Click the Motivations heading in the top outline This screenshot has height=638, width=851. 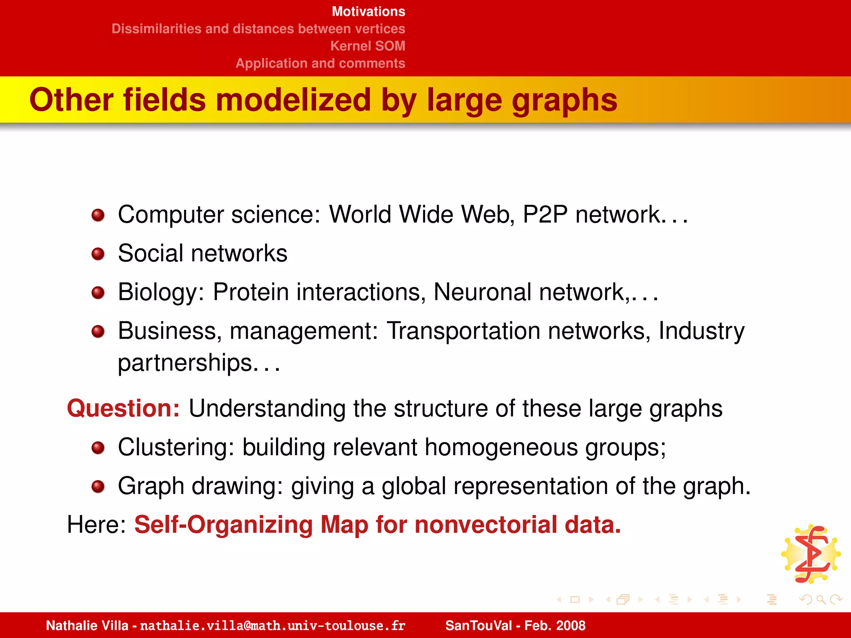click(368, 12)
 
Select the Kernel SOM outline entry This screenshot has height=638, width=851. click(367, 46)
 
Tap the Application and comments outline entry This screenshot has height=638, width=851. click(320, 63)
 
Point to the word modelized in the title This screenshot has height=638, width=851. click(293, 100)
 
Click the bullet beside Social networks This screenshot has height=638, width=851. click(98, 254)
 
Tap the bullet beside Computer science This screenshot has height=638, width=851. click(98, 215)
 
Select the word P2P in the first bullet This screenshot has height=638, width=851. click(545, 214)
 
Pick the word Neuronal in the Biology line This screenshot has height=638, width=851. click(482, 292)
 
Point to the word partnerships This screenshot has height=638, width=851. click(185, 363)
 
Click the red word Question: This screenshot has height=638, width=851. click(123, 408)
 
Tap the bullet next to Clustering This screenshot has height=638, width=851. click(98, 448)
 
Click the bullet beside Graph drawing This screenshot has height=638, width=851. click(98, 486)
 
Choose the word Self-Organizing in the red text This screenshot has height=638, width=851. click(223, 525)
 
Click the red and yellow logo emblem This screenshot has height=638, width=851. click(811, 554)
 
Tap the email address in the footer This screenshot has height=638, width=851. click(273, 626)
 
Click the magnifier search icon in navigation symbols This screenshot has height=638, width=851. click(820, 599)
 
